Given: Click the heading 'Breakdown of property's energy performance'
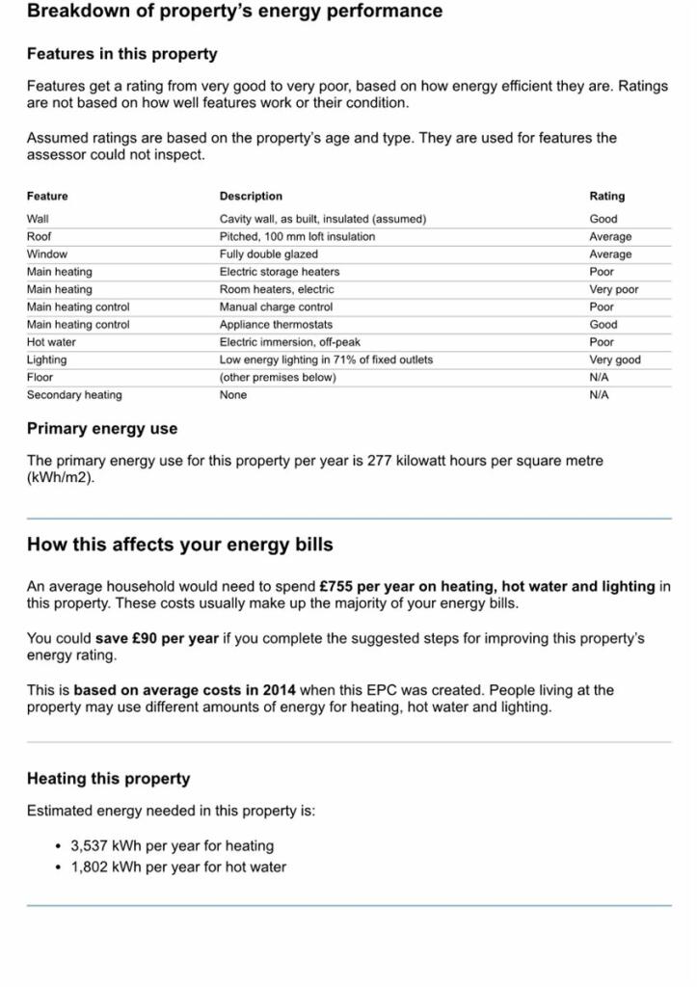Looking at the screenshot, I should pos(234,12).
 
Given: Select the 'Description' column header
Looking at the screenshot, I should pos(251,197).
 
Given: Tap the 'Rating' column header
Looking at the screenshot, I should pos(606,197).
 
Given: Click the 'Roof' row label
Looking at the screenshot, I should pos(40,236).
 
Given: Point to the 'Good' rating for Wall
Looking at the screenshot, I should pos(603,219).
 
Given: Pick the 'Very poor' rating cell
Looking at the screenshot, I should pos(614,289).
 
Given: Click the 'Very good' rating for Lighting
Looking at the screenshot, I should pos(615,360).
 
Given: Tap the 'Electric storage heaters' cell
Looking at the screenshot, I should pos(280,272).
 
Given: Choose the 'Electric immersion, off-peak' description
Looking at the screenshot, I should pos(290,342).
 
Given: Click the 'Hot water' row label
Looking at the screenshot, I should pos(51,342).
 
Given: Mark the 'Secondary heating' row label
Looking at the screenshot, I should pos(74,395).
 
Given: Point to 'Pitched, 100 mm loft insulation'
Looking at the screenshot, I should pos(297,236).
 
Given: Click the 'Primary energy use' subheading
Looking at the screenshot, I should pos(102,429).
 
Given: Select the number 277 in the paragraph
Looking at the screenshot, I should pos(379,461).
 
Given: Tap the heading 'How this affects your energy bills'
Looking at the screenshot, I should pos(180,545).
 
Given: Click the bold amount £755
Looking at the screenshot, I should pos(335,586).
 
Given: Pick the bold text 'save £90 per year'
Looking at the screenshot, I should pos(157,638).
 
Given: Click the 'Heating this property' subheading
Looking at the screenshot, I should pos(109,779).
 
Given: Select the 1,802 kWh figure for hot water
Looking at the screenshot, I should pos(90,867).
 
